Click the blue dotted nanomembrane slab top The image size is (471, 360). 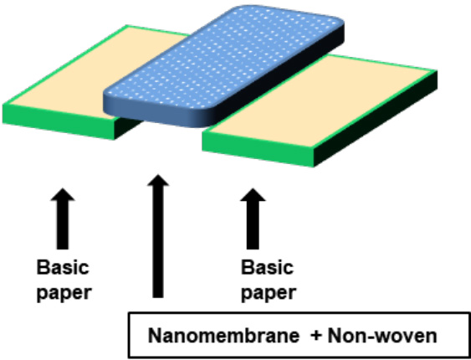pos(223,57)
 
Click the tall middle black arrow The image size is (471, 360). pos(158,236)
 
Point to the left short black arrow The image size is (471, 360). pos(63,219)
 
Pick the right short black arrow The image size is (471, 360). pos(253,219)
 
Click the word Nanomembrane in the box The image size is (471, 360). pos(223,337)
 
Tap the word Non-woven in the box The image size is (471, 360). pos(382,337)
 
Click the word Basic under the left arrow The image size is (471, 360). pos(63,267)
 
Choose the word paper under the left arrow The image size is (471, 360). pos(64,292)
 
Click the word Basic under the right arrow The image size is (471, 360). pos(268,267)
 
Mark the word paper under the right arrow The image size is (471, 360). pos(269,292)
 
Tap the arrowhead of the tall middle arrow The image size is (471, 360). pos(158,180)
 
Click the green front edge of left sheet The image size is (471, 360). pos(59,121)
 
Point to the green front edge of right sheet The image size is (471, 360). pos(259,149)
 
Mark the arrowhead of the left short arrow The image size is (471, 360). pos(63,194)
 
